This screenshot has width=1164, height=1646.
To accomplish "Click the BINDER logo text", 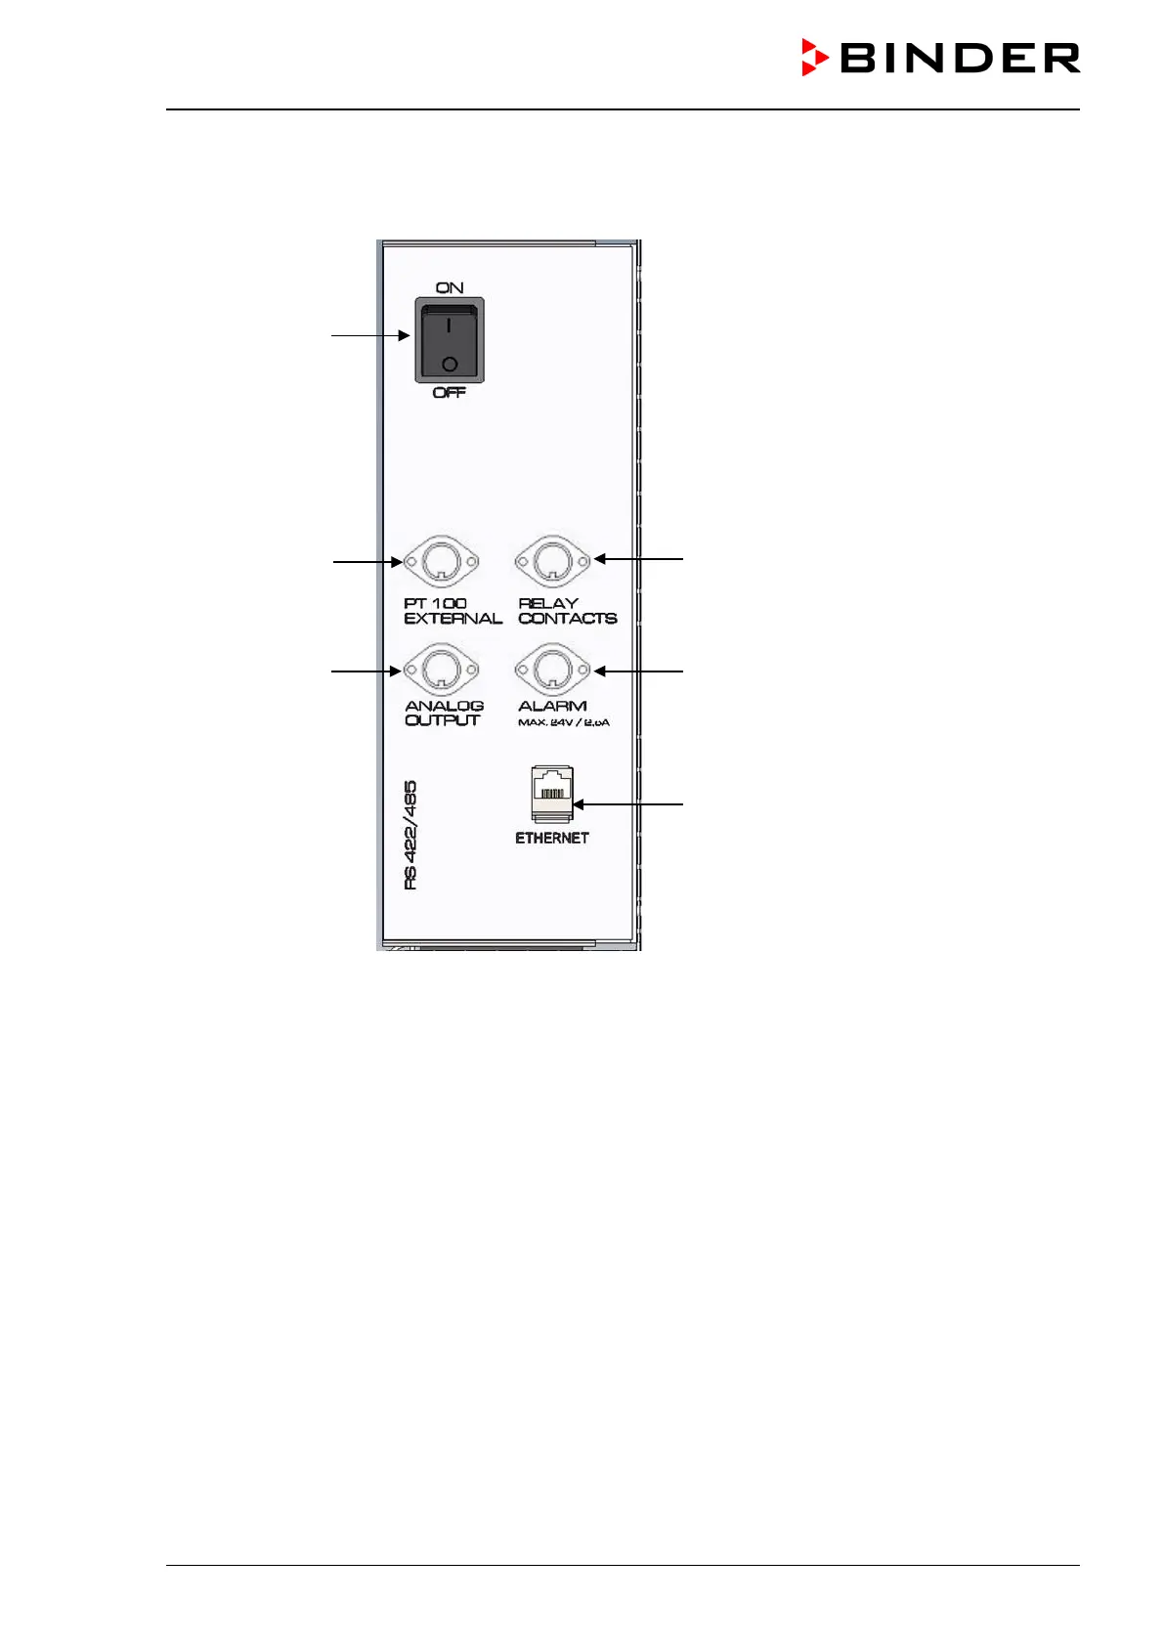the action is click(x=960, y=59).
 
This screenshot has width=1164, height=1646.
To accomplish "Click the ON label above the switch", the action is click(x=450, y=287).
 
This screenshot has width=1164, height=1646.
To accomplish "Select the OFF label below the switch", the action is click(x=450, y=393).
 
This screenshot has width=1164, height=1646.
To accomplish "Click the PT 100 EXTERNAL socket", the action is click(x=442, y=562).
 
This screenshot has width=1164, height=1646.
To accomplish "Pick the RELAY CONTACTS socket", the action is click(x=553, y=561).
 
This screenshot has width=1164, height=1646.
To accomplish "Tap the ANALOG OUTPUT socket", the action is click(x=442, y=671).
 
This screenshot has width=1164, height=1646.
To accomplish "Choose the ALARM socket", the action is click(x=553, y=671).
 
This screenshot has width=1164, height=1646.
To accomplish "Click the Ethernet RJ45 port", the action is click(x=552, y=793).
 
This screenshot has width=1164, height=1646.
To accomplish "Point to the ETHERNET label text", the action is click(x=552, y=838).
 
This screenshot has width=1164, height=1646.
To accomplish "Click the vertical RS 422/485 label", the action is click(x=410, y=835).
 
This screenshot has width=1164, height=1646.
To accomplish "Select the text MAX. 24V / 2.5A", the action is click(x=564, y=723).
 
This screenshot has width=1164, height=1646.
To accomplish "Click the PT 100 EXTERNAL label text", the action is click(x=453, y=611).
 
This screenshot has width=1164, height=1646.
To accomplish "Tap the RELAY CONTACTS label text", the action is click(x=567, y=611).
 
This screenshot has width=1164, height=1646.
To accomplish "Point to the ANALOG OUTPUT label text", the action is click(x=444, y=713).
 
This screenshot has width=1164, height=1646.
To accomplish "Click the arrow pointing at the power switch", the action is click(x=370, y=335).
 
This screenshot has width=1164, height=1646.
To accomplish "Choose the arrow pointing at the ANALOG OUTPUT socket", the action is click(x=367, y=671).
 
